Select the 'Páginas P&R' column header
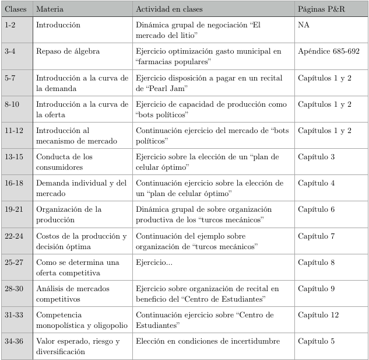(x=325, y=10)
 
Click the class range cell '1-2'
(x=10, y=26)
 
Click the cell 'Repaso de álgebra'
(x=68, y=52)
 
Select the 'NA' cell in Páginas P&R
(x=303, y=26)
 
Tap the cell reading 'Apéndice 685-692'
(x=329, y=52)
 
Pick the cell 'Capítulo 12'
(x=318, y=314)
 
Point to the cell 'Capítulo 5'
(x=316, y=341)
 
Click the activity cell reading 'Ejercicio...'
(x=154, y=262)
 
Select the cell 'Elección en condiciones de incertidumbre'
(x=208, y=341)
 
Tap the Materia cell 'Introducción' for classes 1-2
(x=58, y=26)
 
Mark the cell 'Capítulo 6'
(x=316, y=209)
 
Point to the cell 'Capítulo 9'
(x=316, y=288)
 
